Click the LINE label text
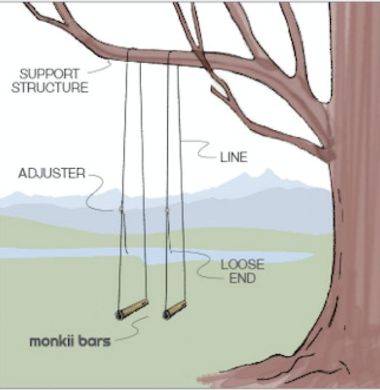(234, 158)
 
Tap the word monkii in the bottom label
(52, 343)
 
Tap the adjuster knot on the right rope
(166, 210)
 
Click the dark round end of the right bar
(166, 314)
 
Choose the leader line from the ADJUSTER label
(96, 191)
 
